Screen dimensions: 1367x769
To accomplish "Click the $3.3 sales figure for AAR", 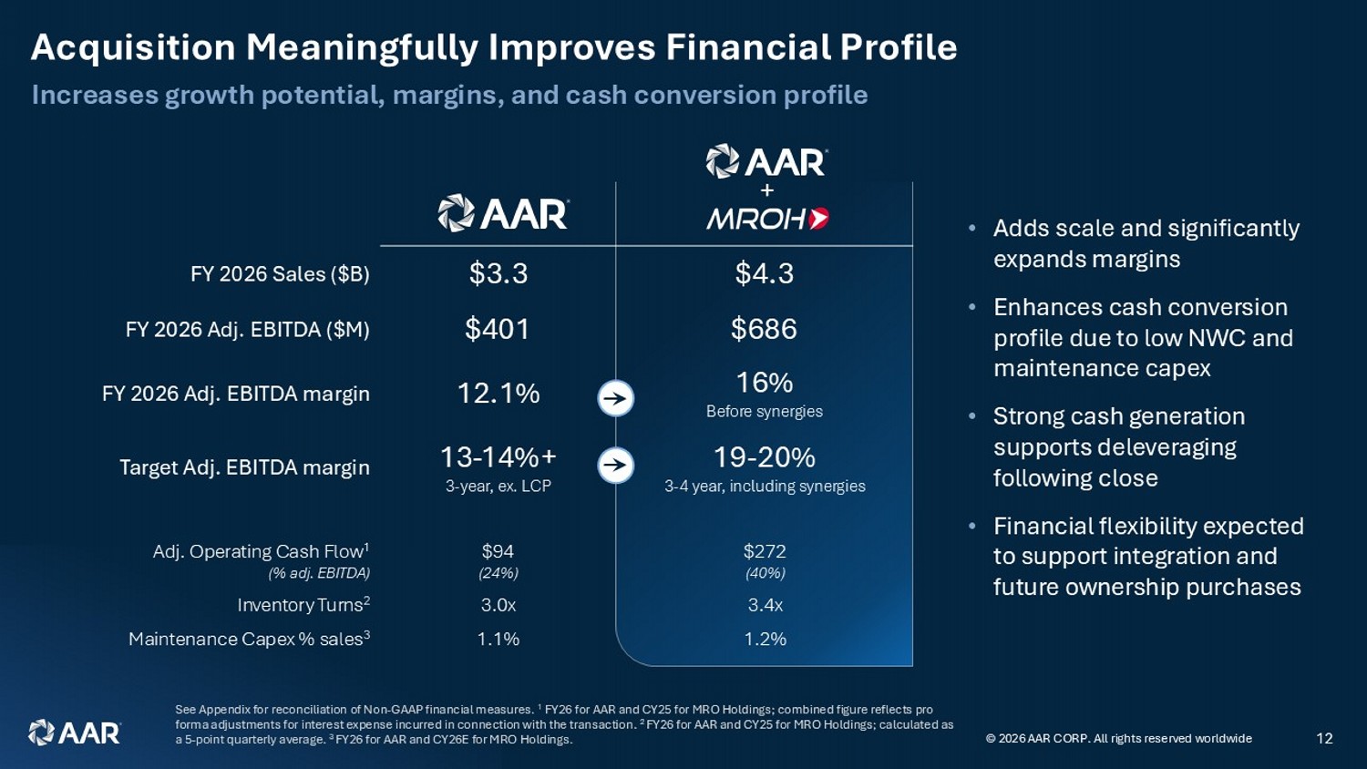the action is (x=498, y=273).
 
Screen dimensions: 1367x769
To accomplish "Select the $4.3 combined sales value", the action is (x=764, y=273).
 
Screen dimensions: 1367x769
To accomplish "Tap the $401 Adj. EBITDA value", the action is (x=497, y=329).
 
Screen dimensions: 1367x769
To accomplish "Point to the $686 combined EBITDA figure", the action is (x=764, y=329).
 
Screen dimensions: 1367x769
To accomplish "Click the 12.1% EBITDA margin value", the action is (x=498, y=394).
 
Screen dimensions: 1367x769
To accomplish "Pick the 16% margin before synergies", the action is (x=764, y=384).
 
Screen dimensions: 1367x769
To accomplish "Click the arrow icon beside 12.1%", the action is (x=616, y=399).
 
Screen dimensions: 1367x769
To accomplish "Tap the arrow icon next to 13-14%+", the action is (x=616, y=466).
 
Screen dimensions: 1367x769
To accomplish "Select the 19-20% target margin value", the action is (x=764, y=457).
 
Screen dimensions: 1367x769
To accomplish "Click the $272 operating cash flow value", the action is (x=764, y=552).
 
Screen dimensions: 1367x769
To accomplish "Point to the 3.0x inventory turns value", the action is (x=498, y=605).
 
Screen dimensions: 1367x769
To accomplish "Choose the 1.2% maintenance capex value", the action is (x=765, y=639).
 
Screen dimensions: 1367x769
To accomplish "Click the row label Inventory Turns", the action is (x=303, y=604).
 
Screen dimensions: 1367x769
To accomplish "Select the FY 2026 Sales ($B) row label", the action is (x=280, y=274).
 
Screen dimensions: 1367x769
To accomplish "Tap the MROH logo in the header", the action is (x=767, y=219).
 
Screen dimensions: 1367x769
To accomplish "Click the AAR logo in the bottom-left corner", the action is (x=75, y=733).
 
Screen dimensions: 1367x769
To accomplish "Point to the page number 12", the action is (x=1324, y=739).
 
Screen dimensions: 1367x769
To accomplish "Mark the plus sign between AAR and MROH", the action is (x=767, y=190).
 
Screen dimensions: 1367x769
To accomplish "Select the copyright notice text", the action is (x=1118, y=739).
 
